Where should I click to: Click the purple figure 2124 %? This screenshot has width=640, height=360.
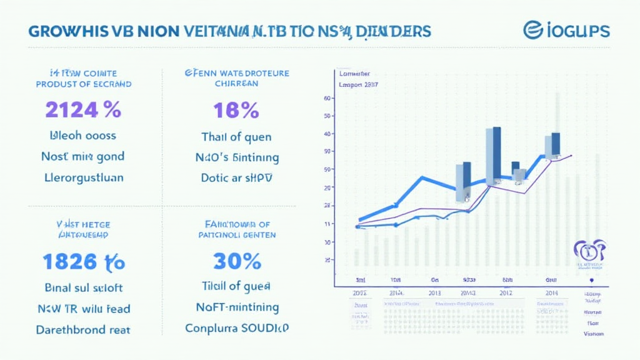pyautogui.click(x=82, y=109)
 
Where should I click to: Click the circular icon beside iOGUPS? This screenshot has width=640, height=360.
pyautogui.click(x=532, y=29)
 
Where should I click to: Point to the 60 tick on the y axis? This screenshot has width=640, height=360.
pyautogui.click(x=327, y=98)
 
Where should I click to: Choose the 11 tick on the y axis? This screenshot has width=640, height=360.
pyautogui.click(x=327, y=224)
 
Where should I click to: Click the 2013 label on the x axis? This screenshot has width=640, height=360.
pyautogui.click(x=434, y=292)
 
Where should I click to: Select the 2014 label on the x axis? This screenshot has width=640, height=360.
pyautogui.click(x=551, y=292)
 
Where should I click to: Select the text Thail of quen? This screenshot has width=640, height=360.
pyautogui.click(x=236, y=137)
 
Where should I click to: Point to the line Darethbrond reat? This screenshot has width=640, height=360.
pyautogui.click(x=84, y=329)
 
